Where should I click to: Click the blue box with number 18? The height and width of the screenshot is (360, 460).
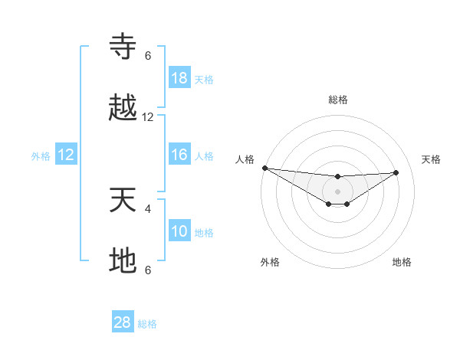(179, 78)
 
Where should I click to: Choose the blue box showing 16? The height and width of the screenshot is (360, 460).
(179, 155)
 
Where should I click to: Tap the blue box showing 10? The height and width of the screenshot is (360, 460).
(179, 231)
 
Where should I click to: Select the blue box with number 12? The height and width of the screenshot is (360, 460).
(66, 155)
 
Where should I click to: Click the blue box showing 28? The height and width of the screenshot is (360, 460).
(123, 322)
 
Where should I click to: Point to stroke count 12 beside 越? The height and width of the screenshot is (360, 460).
(148, 117)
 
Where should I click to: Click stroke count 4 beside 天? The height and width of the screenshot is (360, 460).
(148, 208)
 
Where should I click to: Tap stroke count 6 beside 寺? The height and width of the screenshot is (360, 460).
(148, 56)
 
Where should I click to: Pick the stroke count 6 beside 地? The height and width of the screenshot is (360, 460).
(148, 270)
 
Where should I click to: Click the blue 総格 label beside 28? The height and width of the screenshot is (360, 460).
(147, 324)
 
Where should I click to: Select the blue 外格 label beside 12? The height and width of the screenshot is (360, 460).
(41, 156)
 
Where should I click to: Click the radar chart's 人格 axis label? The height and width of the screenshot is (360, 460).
(245, 159)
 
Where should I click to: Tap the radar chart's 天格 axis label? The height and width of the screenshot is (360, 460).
(431, 159)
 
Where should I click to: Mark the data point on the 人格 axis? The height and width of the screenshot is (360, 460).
(264, 168)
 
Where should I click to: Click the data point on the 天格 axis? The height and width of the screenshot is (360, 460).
(396, 172)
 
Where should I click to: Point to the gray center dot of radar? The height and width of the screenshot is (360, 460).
(337, 191)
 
